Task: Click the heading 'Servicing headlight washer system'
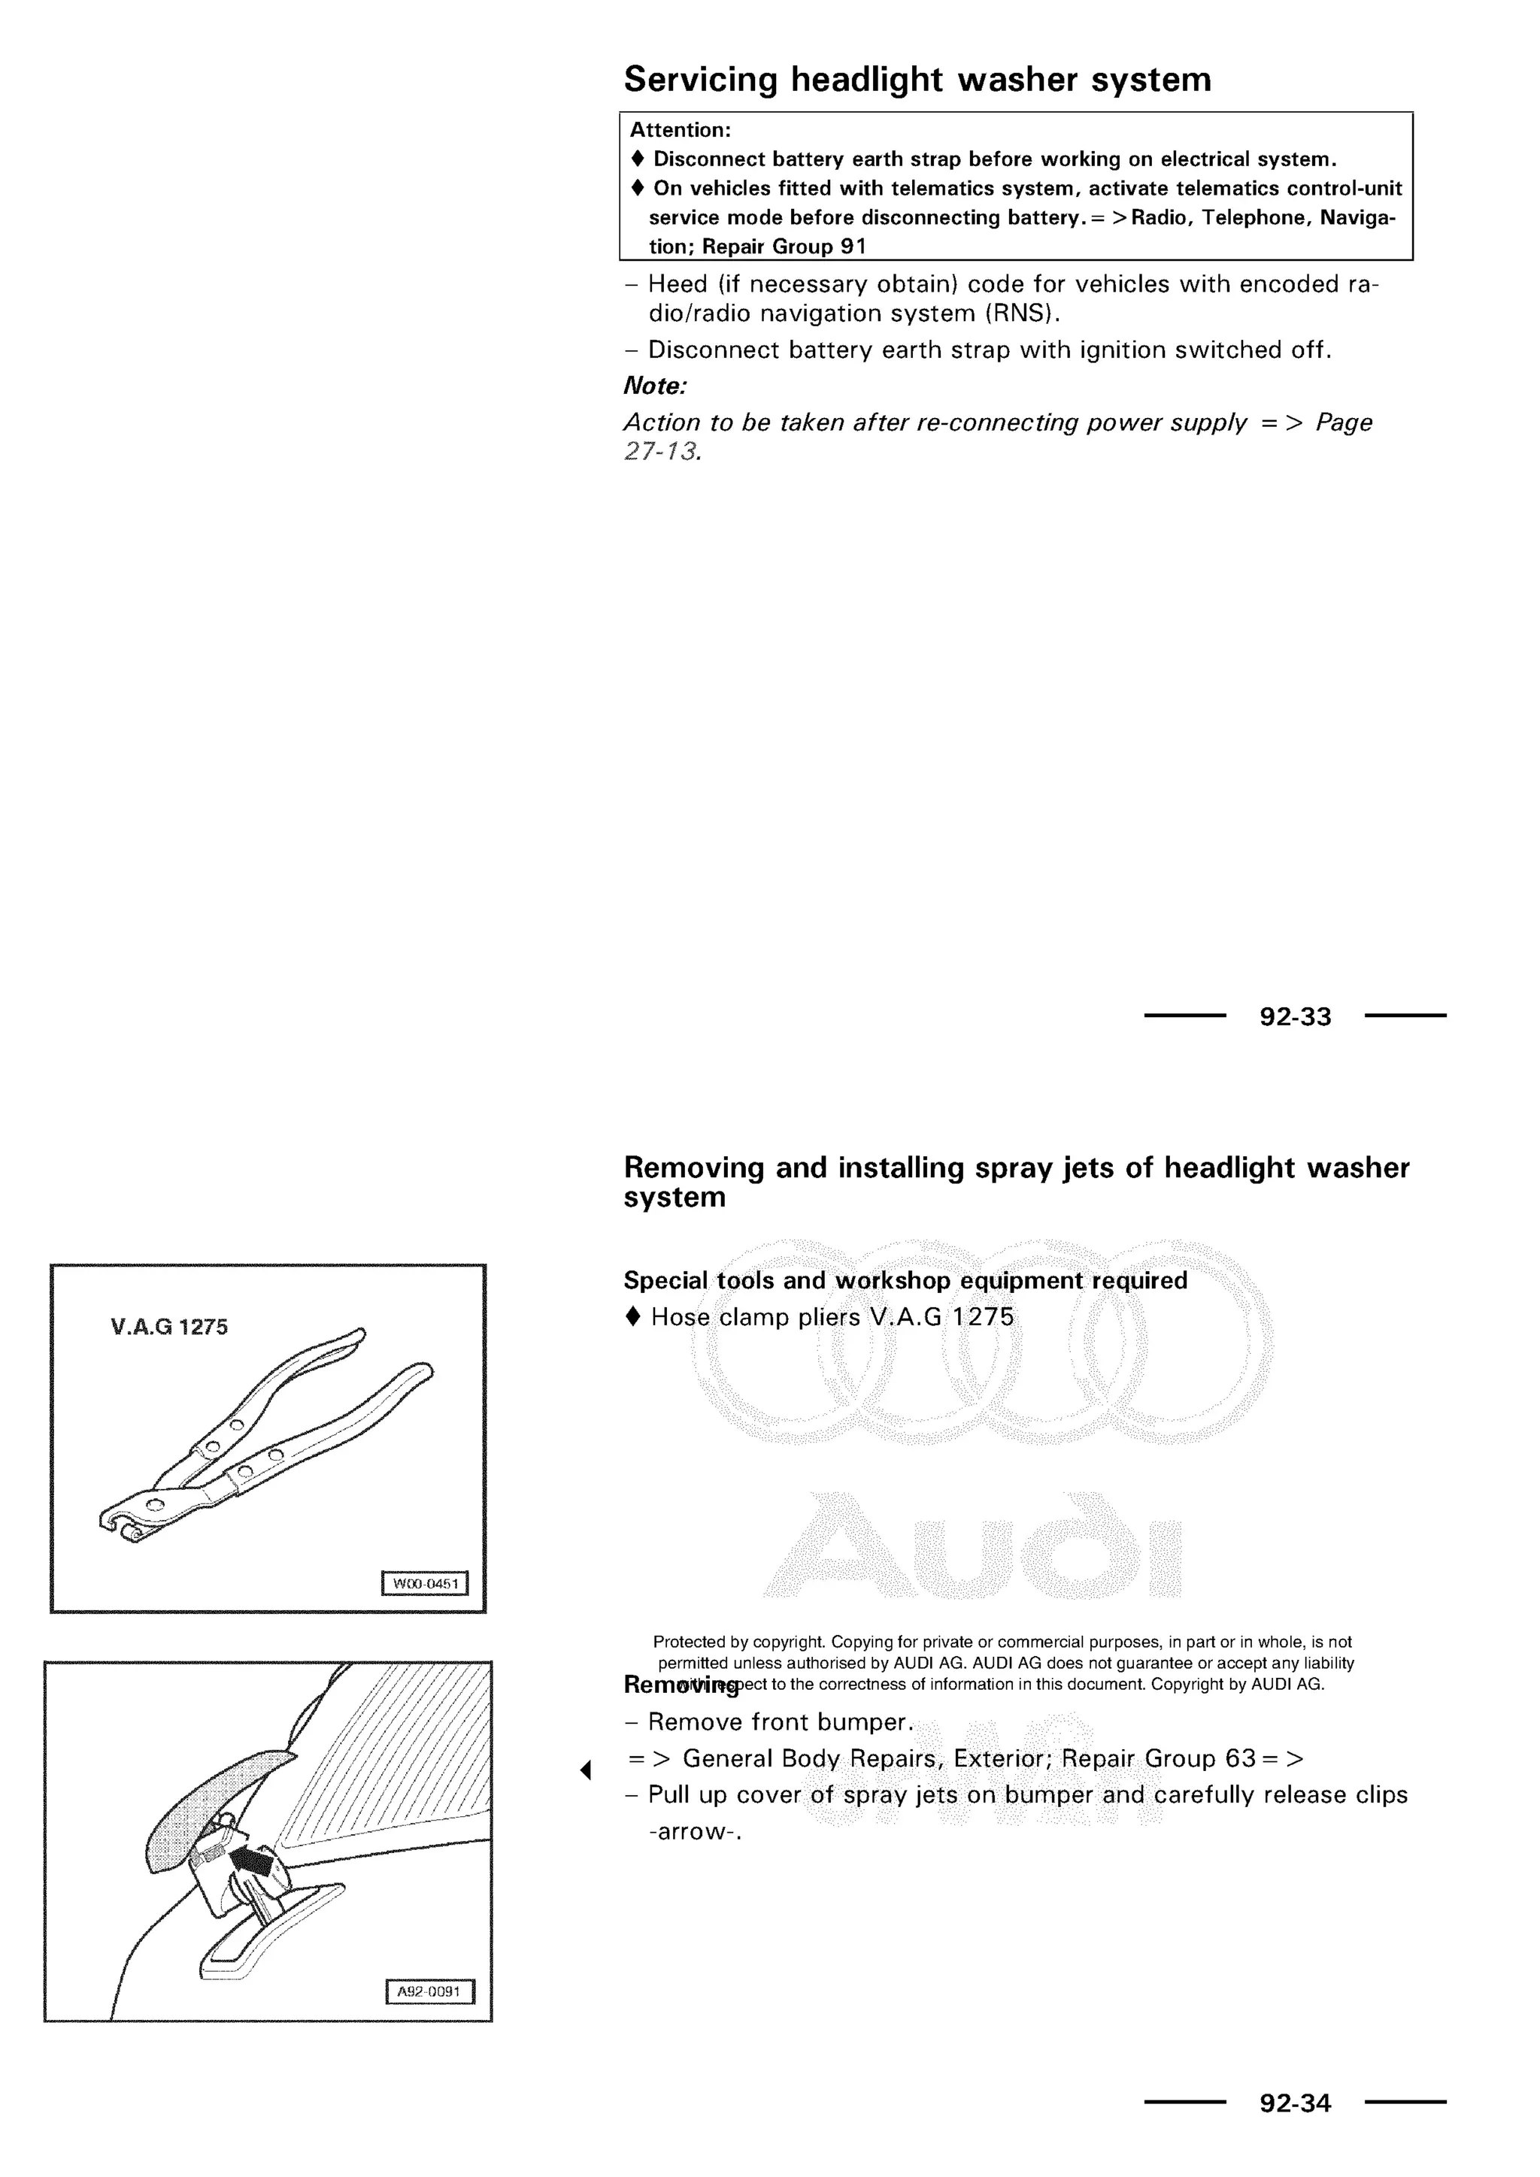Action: (917, 80)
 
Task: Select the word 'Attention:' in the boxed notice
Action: (680, 130)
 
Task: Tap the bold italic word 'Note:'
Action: (654, 387)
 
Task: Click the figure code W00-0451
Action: (425, 1585)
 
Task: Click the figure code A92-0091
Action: (429, 1992)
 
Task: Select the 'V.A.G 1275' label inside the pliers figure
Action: (168, 1328)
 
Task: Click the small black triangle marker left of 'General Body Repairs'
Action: (586, 1770)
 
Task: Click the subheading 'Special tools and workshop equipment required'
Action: (905, 1281)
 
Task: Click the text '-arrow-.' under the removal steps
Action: (694, 1832)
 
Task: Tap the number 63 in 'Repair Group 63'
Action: (1240, 1759)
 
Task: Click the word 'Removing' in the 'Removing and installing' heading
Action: (693, 1168)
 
